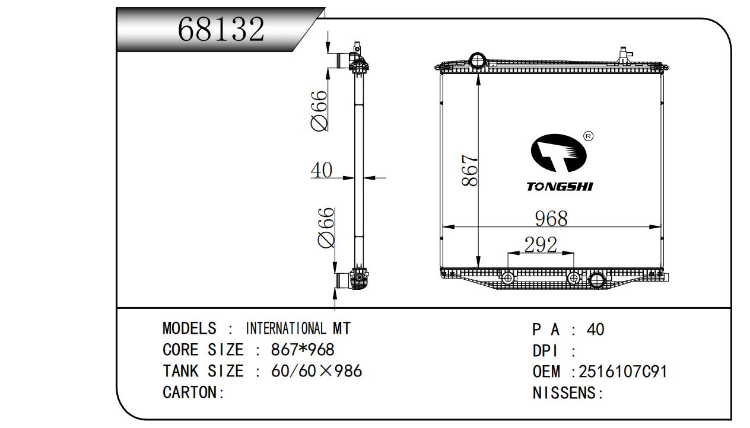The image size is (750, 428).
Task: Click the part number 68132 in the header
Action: coord(221,29)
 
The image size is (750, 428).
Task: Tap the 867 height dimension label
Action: coord(469,170)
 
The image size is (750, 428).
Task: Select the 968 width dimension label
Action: coord(551,219)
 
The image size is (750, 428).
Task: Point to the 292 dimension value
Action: coord(541,244)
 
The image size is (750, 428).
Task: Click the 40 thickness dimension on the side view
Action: coord(322,170)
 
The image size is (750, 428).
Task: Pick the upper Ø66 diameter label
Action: coord(319,111)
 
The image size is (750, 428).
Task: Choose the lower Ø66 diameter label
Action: coord(326,228)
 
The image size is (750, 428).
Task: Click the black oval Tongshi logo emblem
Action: coord(558,153)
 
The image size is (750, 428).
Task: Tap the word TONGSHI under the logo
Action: coord(560,186)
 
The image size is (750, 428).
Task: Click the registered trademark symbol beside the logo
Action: coord(588,136)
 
